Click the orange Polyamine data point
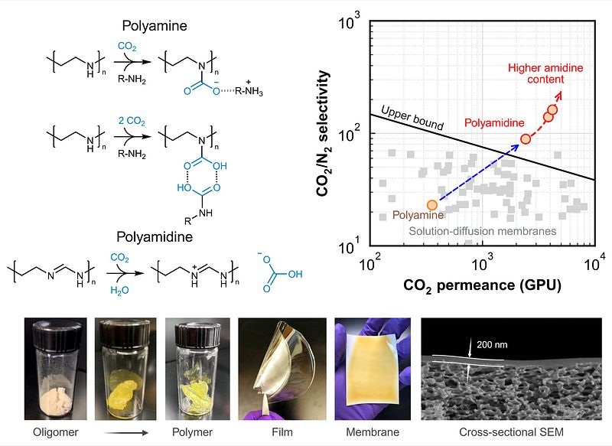tap(432, 205)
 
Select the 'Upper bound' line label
tap(412, 118)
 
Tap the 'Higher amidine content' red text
tap(545, 73)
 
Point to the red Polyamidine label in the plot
tap(494, 123)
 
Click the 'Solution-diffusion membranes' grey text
tap(483, 231)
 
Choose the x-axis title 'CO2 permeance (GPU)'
tap(483, 285)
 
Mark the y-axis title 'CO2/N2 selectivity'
tap(324, 133)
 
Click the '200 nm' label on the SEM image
tap(492, 344)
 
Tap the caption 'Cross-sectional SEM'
tap(511, 432)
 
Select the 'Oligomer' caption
tap(55, 432)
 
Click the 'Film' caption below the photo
tap(282, 432)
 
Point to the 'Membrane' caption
tap(373, 432)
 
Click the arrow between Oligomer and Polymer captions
tap(126, 432)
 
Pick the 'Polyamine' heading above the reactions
tap(155, 26)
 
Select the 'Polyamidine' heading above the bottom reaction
tap(155, 237)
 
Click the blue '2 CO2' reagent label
tap(132, 121)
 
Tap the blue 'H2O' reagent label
tap(119, 290)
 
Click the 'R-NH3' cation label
tap(249, 91)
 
